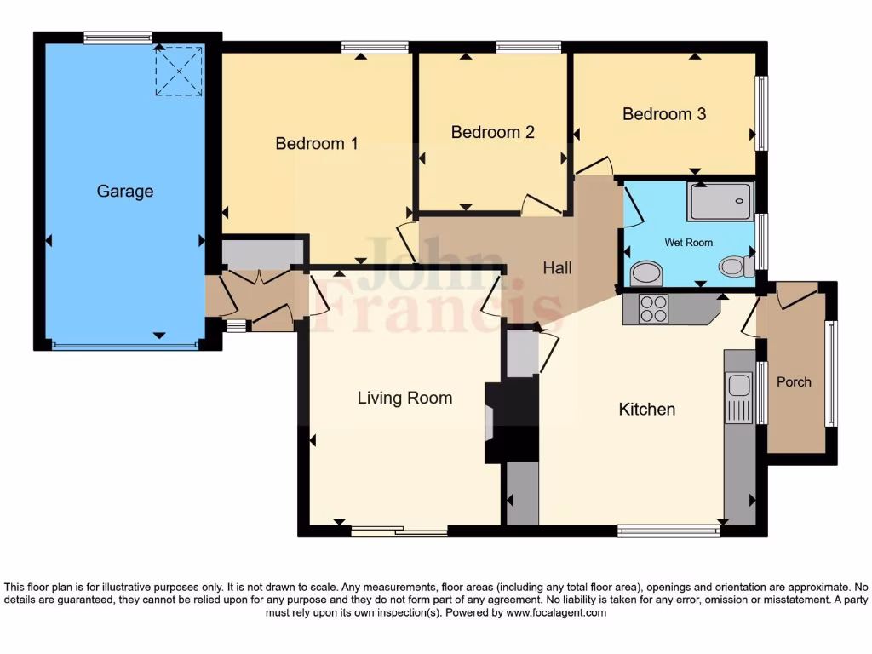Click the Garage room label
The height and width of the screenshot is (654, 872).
[x=125, y=192]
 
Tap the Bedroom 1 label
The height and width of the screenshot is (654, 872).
[x=316, y=144]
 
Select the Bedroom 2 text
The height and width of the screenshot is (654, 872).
[x=492, y=132]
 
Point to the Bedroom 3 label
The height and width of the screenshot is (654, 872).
[x=664, y=114]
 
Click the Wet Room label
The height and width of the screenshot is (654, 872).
[x=688, y=243]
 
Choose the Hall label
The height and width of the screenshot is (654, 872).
[x=558, y=267]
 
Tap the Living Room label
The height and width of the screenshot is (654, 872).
[x=404, y=398]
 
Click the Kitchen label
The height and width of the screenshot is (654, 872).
[x=646, y=410]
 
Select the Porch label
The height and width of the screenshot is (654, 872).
[x=794, y=382]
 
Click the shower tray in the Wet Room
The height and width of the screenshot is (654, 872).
[x=720, y=202]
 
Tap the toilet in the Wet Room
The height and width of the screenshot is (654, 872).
[x=735, y=267]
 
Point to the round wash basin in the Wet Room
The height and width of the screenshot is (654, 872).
[x=646, y=273]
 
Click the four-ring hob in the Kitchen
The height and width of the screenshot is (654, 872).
[x=654, y=308]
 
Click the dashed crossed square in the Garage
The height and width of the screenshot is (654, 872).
[x=179, y=71]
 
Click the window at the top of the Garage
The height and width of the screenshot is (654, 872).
[x=118, y=37]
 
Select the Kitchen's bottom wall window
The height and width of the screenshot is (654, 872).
[x=668, y=531]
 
